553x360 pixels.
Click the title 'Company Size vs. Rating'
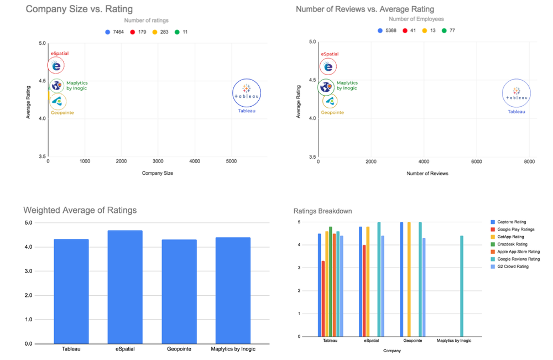coord(79,9)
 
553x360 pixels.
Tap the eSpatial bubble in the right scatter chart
coord(328,66)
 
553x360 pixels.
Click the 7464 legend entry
coord(118,32)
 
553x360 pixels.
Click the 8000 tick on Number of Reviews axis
coord(528,161)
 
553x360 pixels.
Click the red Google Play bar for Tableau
coord(324,299)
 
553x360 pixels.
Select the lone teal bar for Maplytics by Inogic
coord(461,286)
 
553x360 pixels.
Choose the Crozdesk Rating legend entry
coord(513,244)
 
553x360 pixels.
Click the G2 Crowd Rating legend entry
coord(513,267)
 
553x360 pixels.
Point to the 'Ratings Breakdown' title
coord(322,211)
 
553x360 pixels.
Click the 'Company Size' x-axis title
coord(158,173)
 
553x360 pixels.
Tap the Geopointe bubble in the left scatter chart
coord(57,102)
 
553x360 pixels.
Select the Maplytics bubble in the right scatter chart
coord(326,87)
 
